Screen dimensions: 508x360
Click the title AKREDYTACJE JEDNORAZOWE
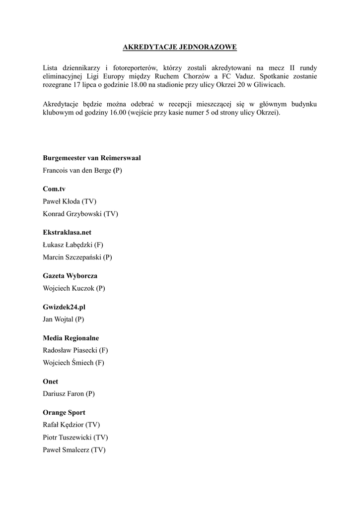coord(180,47)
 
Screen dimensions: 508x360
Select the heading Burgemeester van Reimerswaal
coord(92,158)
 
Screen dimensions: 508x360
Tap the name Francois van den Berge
coord(77,170)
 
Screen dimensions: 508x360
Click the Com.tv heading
coord(54,189)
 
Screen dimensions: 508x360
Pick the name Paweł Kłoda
coord(62,201)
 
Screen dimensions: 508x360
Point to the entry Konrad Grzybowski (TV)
coord(80,214)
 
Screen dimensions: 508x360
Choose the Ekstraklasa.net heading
coord(67,232)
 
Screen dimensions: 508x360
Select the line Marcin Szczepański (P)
coord(77,257)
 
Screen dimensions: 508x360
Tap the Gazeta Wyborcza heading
coord(70,275)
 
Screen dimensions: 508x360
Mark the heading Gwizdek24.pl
coord(64,307)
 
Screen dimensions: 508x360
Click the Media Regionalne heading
coord(71,338)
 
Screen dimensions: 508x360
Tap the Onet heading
coord(50,381)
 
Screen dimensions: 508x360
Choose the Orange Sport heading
coord(64,413)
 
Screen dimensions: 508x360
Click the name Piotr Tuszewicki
coord(68,438)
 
